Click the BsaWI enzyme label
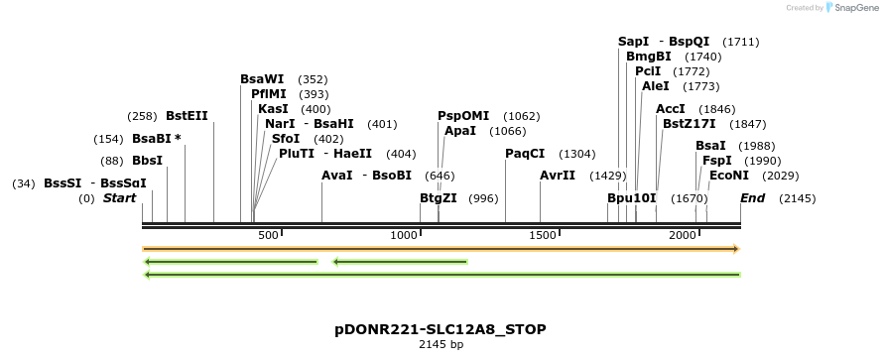(262, 79)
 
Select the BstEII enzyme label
(187, 116)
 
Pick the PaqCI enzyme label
(525, 154)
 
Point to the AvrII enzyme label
(558, 176)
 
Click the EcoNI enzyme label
(728, 176)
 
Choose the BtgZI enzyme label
(438, 198)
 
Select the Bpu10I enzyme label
(632, 198)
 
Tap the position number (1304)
(577, 154)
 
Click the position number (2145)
(798, 198)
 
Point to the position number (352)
(313, 79)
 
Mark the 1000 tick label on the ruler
(404, 235)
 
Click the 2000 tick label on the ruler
(683, 235)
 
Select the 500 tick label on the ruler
(268, 235)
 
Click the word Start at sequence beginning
(119, 198)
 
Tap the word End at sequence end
(752, 198)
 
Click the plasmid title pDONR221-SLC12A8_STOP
(441, 328)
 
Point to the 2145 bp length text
(441, 345)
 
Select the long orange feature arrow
(441, 249)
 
